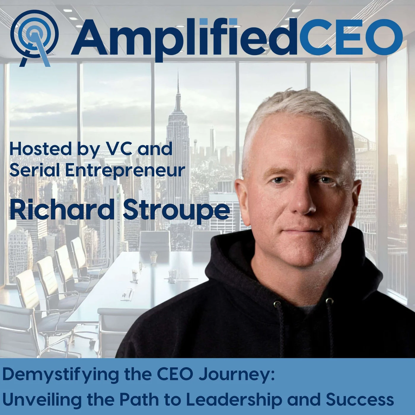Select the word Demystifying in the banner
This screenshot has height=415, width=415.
point(60,374)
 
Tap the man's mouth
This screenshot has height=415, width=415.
point(301,232)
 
